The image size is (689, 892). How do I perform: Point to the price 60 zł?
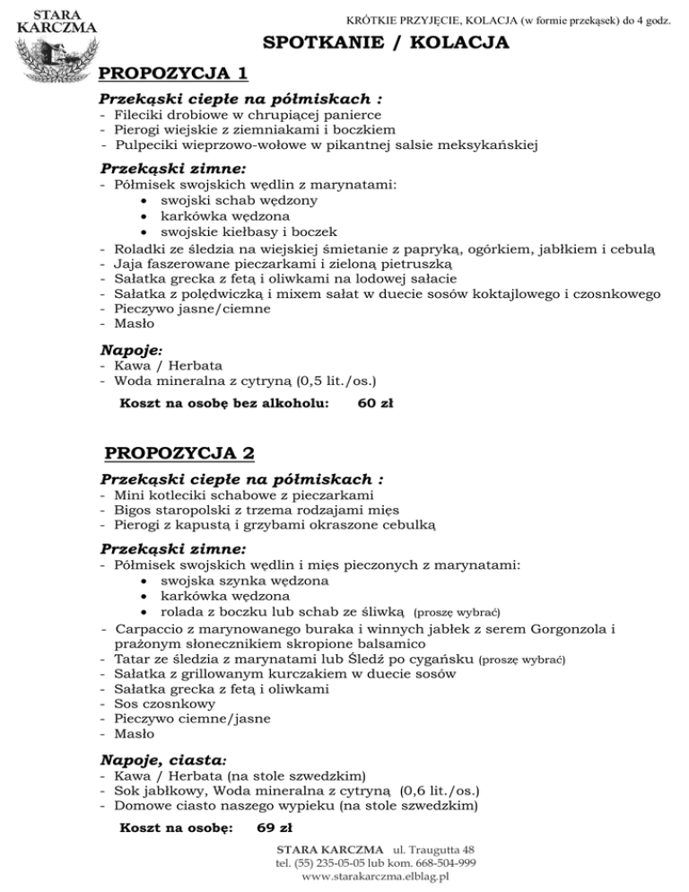tap(374, 403)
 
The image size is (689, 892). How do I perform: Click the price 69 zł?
tap(275, 826)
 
